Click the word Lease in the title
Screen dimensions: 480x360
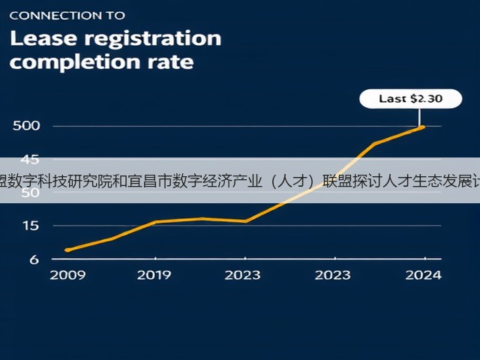pos(43,38)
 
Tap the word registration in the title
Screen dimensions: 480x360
pos(153,40)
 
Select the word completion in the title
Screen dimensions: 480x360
pos(75,62)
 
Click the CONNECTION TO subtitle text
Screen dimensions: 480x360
pos(67,16)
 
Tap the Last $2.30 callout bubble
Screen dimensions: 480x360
pos(410,98)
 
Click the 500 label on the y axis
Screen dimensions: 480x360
pos(26,126)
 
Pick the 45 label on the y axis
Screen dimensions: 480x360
pos(30,159)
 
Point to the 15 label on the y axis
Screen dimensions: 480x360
pos(31,226)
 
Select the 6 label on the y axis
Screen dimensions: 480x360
pos(34,259)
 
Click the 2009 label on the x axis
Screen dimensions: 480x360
pos(67,275)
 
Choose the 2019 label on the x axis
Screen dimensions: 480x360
pos(154,275)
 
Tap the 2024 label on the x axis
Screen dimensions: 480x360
pos(423,275)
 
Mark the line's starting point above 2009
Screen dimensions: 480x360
pos(67,250)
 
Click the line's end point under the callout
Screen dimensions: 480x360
pos(423,127)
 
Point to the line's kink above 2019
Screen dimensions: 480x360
pos(155,222)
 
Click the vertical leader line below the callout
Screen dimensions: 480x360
pos(419,117)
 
